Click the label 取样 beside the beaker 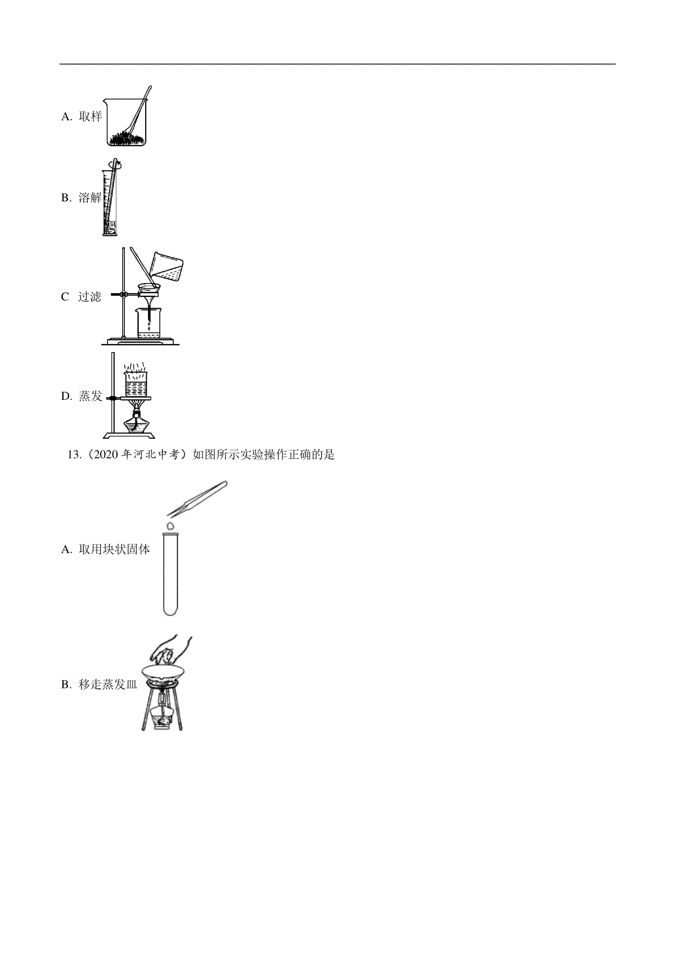coord(91,116)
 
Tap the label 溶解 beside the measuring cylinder coord(91,197)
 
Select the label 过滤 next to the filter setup coord(89,297)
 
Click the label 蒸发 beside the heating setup coord(91,396)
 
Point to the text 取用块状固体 coord(114,549)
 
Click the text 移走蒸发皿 coord(108,684)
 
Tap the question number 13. coord(74,455)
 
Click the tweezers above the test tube coord(197,498)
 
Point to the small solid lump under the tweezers coord(170,525)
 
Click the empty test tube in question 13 coord(170,574)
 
